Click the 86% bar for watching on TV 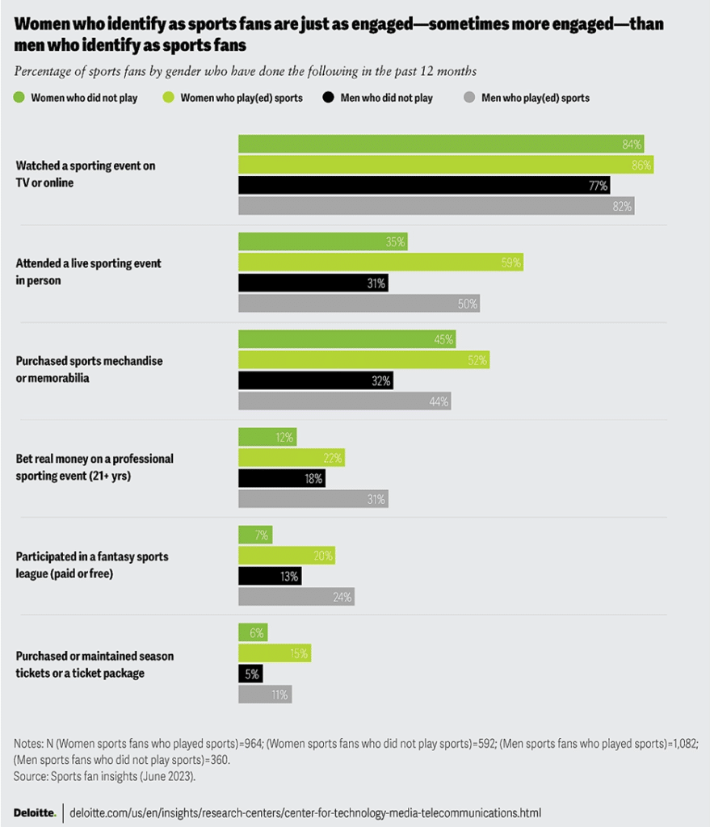445,165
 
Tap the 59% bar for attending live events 380,262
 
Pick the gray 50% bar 359,304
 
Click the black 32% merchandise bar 315,380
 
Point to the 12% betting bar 267,438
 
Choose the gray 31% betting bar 313,499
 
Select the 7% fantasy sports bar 255,535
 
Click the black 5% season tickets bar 250,674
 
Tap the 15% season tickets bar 275,653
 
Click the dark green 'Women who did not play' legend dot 19,98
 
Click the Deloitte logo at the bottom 35,812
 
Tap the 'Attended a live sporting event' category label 88,272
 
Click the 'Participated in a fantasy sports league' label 92,564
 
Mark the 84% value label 632,145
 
